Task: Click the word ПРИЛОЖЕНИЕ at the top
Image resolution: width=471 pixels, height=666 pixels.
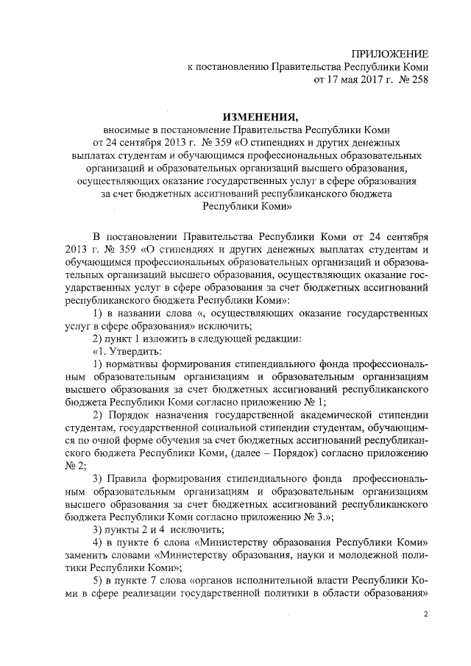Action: click(390, 54)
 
